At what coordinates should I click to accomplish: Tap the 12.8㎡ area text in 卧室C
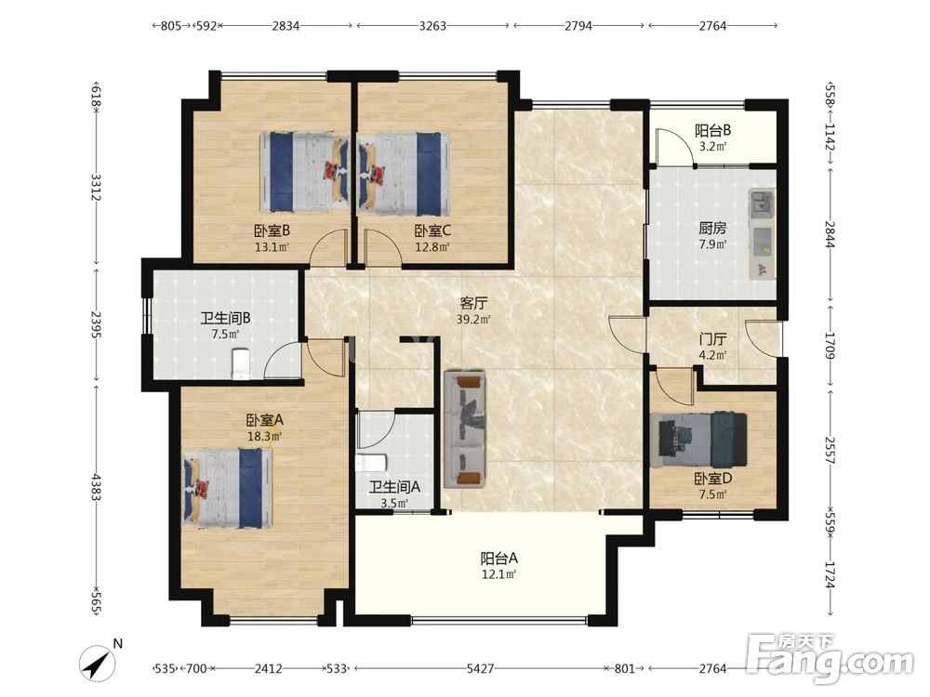click(x=432, y=246)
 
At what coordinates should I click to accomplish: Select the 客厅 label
click(x=474, y=304)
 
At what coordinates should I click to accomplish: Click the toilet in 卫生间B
click(x=240, y=363)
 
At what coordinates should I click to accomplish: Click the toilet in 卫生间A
click(x=371, y=463)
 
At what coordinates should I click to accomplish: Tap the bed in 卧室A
click(x=228, y=488)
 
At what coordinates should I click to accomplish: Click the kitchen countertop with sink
click(x=762, y=234)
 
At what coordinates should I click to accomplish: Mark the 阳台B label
click(x=713, y=130)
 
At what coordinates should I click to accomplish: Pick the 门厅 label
click(x=712, y=339)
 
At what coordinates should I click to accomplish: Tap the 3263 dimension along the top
click(x=432, y=25)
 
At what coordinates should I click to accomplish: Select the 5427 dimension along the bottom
click(x=480, y=668)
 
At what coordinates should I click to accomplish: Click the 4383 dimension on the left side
click(x=96, y=487)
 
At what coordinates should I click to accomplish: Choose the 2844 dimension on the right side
click(x=830, y=235)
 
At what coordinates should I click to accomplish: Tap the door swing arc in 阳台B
click(x=675, y=142)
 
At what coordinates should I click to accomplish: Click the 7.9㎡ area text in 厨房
click(x=712, y=243)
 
